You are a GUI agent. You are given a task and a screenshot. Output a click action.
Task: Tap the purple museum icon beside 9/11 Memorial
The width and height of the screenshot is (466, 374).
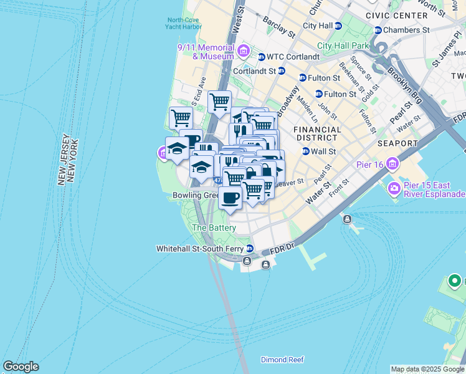[x=243, y=50]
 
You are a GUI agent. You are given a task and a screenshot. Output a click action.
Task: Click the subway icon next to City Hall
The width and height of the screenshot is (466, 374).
[x=338, y=26]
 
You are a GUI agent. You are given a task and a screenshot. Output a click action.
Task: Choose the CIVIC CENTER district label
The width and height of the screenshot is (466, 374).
[x=391, y=15]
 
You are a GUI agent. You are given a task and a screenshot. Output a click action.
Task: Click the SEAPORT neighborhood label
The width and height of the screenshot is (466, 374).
[x=397, y=143]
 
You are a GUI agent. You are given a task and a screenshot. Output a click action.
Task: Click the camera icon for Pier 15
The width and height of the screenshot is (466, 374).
[x=394, y=188]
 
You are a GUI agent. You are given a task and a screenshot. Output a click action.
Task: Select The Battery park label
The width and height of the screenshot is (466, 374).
[x=214, y=228]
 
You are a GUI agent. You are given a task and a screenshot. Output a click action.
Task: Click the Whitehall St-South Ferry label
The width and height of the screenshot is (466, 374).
[x=199, y=249]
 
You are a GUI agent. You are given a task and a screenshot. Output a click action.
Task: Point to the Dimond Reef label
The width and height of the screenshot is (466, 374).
[x=282, y=360]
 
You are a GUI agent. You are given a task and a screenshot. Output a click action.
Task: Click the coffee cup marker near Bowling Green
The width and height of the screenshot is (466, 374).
[x=230, y=198]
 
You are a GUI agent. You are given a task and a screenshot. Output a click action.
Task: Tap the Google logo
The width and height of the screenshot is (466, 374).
[x=21, y=367]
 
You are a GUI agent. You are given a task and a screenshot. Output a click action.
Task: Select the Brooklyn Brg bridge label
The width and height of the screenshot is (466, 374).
[x=406, y=86]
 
